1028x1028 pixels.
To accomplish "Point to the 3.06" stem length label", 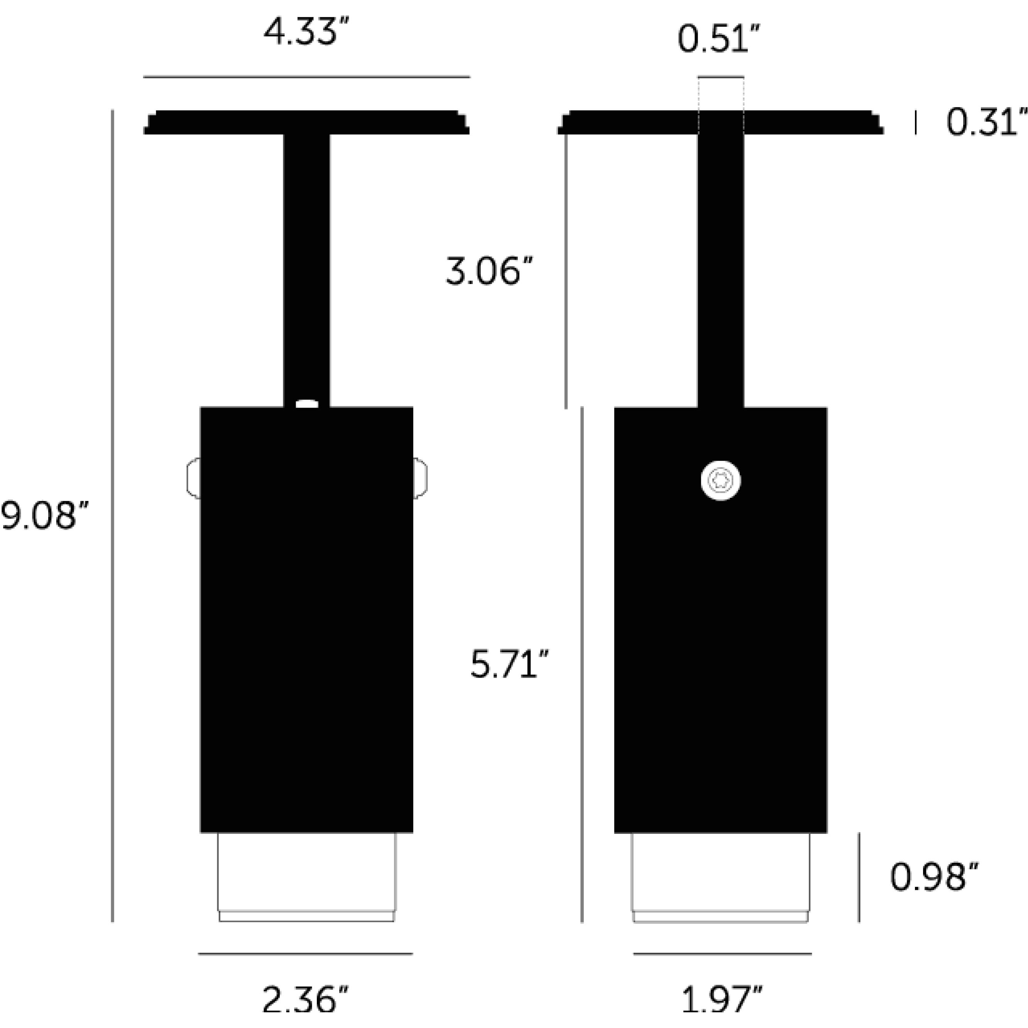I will [489, 272].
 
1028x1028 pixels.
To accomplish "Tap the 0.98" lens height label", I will [934, 878].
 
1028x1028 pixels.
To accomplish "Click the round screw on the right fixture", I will [720, 480].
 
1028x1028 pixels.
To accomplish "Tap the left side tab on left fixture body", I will [193, 478].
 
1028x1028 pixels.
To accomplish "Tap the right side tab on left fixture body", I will [420, 478].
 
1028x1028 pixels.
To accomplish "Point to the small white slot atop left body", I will [307, 404].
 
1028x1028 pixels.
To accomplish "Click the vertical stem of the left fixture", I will [306, 266].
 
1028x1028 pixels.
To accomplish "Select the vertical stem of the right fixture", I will [720, 266].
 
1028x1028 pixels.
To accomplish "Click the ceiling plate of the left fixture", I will [306, 122].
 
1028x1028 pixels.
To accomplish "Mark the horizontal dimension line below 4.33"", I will [306, 77].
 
